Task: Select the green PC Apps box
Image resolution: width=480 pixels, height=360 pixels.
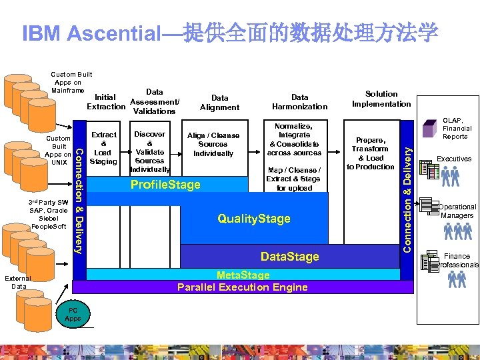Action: (73, 314)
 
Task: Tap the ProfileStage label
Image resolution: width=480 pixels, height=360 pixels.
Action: (165, 185)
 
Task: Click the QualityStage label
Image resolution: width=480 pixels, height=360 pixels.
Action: (254, 219)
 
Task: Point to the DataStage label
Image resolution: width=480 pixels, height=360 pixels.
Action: (289, 257)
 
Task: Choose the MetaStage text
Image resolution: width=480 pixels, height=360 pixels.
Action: (243, 275)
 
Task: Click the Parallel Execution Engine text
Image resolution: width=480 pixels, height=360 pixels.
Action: (243, 287)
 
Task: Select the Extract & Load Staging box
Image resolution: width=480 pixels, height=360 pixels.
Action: (103, 148)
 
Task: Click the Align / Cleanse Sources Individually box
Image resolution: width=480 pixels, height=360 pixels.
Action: (213, 145)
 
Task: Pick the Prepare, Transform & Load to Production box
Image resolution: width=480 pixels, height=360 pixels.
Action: (370, 153)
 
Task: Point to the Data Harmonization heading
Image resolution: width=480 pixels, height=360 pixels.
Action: (300, 102)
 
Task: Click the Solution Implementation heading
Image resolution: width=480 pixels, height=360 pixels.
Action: (381, 99)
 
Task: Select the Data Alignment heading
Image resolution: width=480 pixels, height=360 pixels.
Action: (219, 102)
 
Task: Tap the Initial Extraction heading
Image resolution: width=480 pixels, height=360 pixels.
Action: (106, 102)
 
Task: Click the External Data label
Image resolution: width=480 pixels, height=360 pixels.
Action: (19, 282)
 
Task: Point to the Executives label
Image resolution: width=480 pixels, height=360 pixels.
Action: (453, 159)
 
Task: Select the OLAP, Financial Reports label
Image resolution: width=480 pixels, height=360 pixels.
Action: (457, 129)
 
